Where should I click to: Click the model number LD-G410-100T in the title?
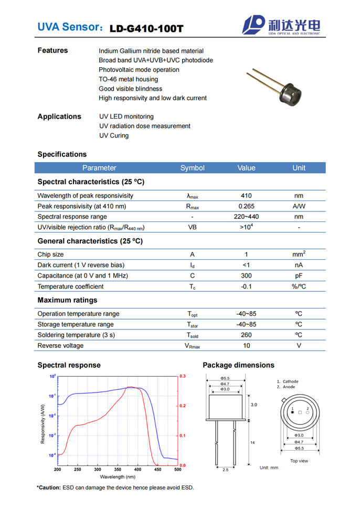coord(146,28)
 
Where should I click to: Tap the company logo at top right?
coord(284,25)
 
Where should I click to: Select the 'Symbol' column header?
coord(192,168)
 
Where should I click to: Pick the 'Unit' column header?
coord(299,168)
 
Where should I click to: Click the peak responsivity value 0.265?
coord(246,206)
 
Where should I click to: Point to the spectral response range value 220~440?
coord(246,217)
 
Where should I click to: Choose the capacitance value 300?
coord(246,275)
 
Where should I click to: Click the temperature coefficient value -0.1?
coord(246,287)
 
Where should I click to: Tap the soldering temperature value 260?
coord(246,335)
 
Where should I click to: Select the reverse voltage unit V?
coord(299,346)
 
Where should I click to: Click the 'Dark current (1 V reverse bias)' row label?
coord(81,265)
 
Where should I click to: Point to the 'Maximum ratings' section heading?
coord(67,300)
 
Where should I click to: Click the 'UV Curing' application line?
coord(114,135)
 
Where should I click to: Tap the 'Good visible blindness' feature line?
coord(131,89)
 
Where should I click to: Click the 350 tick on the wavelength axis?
coord(177,470)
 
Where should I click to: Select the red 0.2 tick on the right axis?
coord(183,406)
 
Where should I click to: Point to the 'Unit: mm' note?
coord(269,467)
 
